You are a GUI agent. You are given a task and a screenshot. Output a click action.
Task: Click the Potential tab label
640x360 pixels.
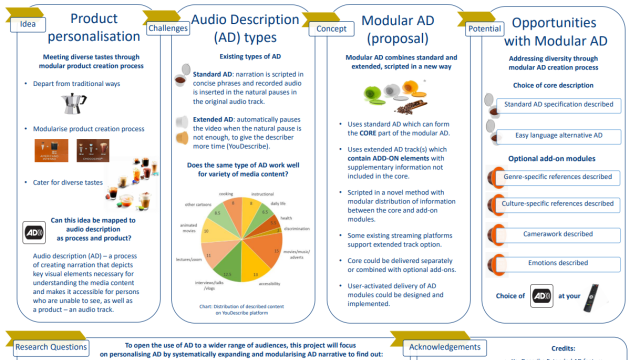(x=484, y=29)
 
